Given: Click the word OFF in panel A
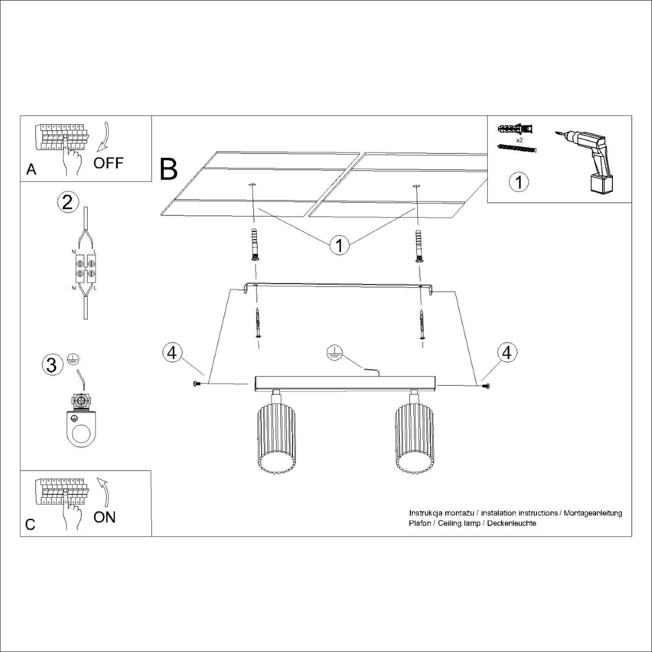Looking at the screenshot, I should pyautogui.click(x=108, y=163).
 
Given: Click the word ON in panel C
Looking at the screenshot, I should pyautogui.click(x=104, y=517).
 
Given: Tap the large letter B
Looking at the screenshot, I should pyautogui.click(x=169, y=169).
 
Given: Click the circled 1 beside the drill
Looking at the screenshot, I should pyautogui.click(x=518, y=182).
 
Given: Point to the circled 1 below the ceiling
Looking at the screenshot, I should pyautogui.click(x=339, y=245).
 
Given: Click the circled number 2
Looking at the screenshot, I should pyautogui.click(x=68, y=202).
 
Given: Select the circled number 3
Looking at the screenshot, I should pyautogui.click(x=52, y=365).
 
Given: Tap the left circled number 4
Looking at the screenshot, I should pyautogui.click(x=171, y=353).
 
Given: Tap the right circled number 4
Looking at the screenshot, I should pyautogui.click(x=507, y=353).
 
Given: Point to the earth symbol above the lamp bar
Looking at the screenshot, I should pyautogui.click(x=335, y=353).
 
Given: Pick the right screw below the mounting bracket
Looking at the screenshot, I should pyautogui.click(x=423, y=324).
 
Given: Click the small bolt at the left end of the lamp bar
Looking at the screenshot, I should pyautogui.click(x=195, y=383).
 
